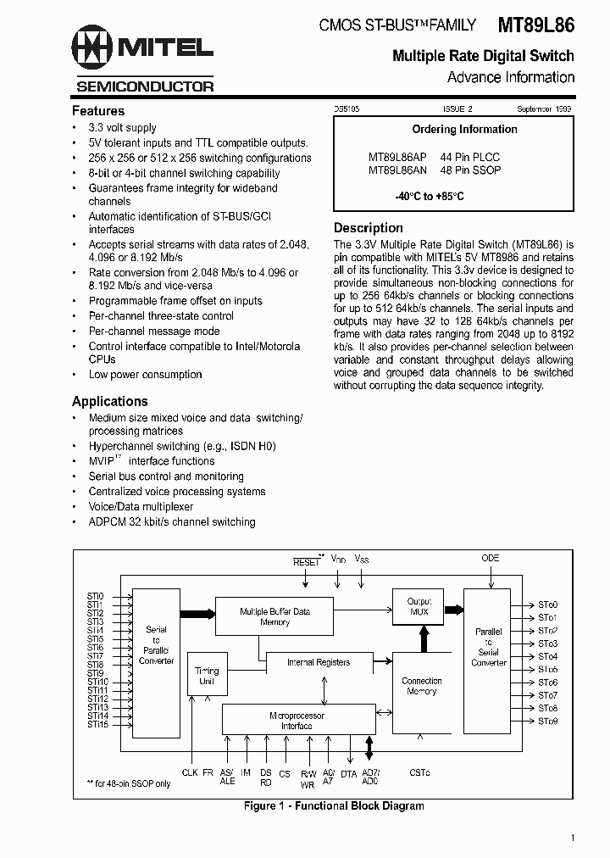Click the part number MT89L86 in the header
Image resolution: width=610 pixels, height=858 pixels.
tap(535, 25)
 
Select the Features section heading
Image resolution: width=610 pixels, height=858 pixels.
tap(98, 111)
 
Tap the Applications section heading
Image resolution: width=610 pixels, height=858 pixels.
tap(110, 401)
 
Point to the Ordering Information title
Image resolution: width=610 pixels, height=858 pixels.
tap(464, 130)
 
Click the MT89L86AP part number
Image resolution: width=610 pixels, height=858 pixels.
tap(397, 157)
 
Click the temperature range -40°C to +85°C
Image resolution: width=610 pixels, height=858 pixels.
tap(429, 197)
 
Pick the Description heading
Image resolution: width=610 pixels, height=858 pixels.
tap(369, 228)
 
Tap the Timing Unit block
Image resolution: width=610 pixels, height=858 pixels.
tap(207, 676)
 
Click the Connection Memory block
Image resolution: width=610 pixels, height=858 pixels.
tap(421, 687)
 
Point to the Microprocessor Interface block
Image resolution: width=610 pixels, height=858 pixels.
tap(297, 720)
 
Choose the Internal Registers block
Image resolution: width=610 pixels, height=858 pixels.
tap(318, 662)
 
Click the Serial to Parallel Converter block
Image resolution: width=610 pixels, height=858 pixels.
tap(156, 645)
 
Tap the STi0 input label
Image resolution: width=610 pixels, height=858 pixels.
tap(95, 596)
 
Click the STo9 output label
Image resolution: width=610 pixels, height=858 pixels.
tap(547, 721)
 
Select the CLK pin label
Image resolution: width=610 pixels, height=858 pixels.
tap(190, 772)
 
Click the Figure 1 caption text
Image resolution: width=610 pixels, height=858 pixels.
tap(333, 805)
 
